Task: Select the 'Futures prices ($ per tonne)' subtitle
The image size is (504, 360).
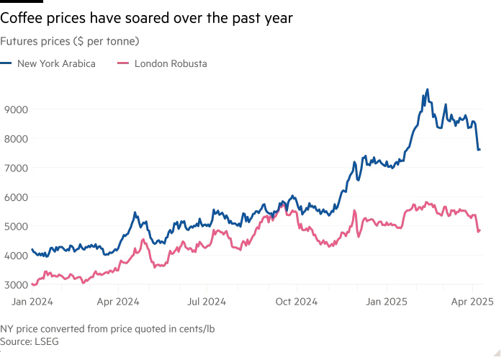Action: pyautogui.click(x=70, y=42)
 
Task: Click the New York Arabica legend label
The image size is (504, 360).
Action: pyautogui.click(x=56, y=63)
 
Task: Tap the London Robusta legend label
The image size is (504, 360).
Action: pyautogui.click(x=171, y=63)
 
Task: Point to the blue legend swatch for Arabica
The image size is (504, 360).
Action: pyautogui.click(x=6, y=63)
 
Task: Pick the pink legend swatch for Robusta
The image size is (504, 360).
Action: pyautogui.click(x=123, y=63)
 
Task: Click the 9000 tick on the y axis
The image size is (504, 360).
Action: pyautogui.click(x=16, y=109)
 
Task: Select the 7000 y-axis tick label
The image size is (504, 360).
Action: pyautogui.click(x=16, y=168)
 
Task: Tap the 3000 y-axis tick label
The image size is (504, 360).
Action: pyautogui.click(x=16, y=285)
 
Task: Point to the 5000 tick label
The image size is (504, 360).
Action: pyautogui.click(x=16, y=226)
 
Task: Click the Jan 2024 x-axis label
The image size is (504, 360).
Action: pyautogui.click(x=32, y=302)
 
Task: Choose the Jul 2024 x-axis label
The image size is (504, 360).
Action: pyautogui.click(x=207, y=302)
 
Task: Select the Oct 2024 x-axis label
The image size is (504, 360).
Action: pyautogui.click(x=297, y=302)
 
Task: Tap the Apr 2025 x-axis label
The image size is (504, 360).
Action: pyautogui.click(x=472, y=302)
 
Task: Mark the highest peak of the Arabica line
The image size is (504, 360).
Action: pyautogui.click(x=428, y=89)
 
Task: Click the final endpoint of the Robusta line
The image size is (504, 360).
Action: pyautogui.click(x=480, y=230)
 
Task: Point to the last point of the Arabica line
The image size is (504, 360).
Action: pyautogui.click(x=480, y=150)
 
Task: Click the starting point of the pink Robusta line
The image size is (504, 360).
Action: pyautogui.click(x=32, y=284)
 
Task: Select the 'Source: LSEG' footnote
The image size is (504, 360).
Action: pyautogui.click(x=30, y=341)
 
